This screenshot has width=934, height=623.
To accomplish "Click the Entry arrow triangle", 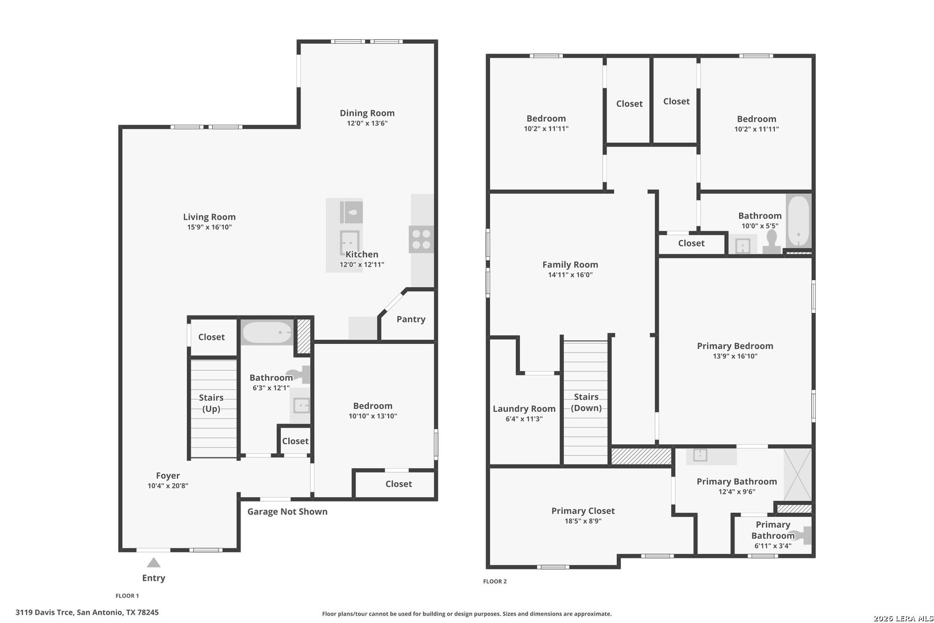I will click(153, 562).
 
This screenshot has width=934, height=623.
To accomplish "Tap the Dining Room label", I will click(367, 113).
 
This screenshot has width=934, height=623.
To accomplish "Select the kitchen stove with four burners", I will click(421, 239).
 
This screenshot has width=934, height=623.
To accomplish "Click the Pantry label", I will click(410, 319).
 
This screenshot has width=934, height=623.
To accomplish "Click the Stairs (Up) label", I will click(211, 403).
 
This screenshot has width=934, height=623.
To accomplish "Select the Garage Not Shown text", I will click(287, 512).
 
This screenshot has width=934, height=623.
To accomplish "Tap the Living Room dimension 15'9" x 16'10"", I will click(209, 227).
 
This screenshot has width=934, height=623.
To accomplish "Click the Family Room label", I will click(570, 264).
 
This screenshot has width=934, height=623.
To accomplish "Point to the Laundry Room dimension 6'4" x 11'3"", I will click(524, 419).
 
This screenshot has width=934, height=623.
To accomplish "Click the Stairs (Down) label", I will click(586, 402).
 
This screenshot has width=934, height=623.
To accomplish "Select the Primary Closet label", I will click(582, 511).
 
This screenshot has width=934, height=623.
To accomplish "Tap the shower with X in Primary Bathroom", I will click(797, 474).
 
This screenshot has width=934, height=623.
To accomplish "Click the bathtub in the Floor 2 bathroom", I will click(799, 221).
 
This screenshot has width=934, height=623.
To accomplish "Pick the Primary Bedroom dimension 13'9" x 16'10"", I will click(735, 356).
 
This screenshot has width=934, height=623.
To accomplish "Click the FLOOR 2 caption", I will click(495, 581).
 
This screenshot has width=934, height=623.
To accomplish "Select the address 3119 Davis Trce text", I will click(87, 612).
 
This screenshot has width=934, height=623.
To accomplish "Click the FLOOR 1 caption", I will click(127, 596).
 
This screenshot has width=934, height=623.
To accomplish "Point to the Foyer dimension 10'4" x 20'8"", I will click(167, 486).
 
